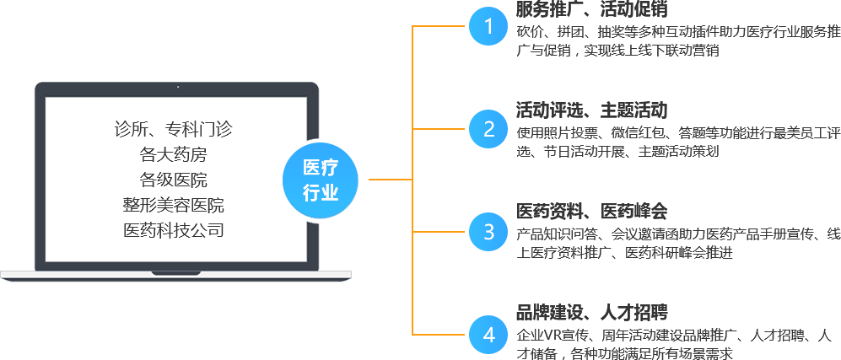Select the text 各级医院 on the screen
click(173, 180)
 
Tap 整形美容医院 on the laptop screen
click(173, 205)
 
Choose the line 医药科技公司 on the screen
click(173, 230)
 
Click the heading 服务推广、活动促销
click(591, 9)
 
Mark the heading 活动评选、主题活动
click(591, 110)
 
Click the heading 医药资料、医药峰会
click(591, 212)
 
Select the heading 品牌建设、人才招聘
click(591, 313)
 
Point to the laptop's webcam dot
click(177, 87)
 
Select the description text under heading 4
click(674, 344)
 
